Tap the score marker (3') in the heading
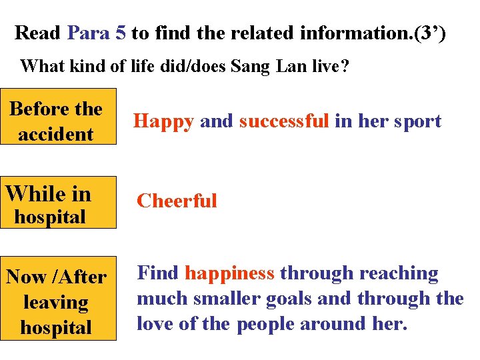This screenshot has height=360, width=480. tap(430, 32)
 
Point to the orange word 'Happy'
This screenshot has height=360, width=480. tap(163, 121)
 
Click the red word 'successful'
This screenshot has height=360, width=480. tap(284, 121)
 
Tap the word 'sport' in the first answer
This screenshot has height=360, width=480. tap(417, 121)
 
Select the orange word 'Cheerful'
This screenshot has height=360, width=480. tap(177, 201)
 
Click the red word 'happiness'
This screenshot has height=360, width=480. tap(229, 273)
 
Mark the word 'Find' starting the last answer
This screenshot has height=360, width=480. tap(158, 273)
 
